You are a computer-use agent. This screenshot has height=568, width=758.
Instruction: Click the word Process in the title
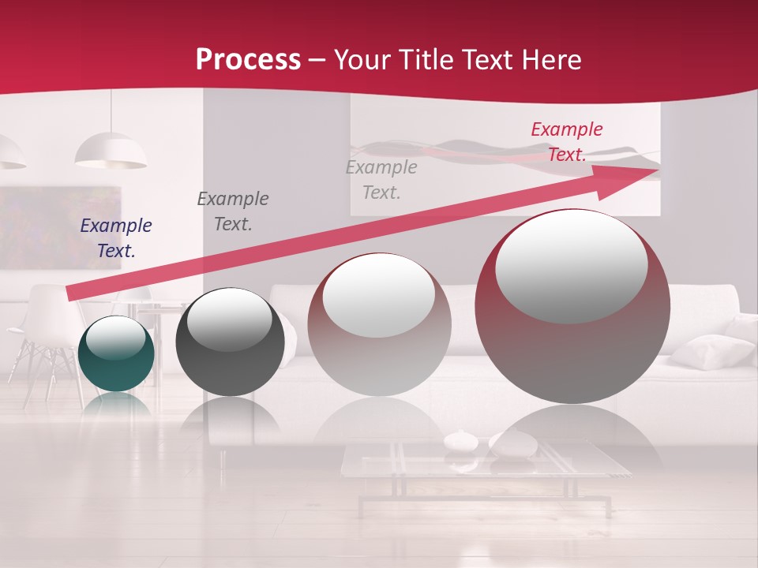[248, 60]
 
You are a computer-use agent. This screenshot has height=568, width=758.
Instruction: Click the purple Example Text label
[116, 238]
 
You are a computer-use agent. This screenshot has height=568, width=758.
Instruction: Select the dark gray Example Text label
[233, 211]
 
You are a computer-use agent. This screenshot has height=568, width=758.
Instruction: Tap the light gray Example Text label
[381, 179]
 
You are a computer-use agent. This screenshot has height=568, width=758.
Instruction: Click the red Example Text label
[567, 142]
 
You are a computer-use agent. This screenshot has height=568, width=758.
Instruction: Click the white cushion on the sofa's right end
[711, 351]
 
